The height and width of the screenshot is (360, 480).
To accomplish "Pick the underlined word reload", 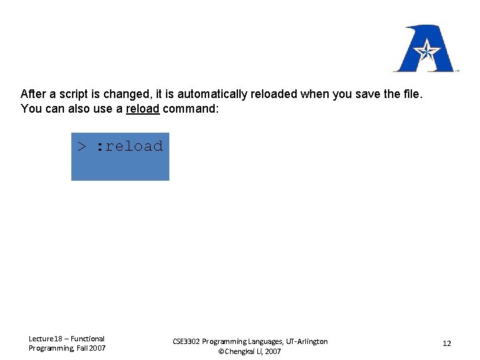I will coord(143,109).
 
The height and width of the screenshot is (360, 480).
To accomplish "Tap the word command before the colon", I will coord(188,109).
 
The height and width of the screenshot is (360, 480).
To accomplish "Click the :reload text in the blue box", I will coord(129,146).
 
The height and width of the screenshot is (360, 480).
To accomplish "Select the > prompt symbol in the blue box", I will coord(81,147).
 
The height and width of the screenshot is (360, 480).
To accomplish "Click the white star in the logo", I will coord(426,49).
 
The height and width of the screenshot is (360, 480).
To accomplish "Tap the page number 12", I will coord(447,343).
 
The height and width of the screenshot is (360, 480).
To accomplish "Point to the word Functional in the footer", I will coord(87,339).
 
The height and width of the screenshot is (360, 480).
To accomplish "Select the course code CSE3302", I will coord(187,341).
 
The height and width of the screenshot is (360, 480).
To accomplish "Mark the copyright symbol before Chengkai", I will coord(222,351).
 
